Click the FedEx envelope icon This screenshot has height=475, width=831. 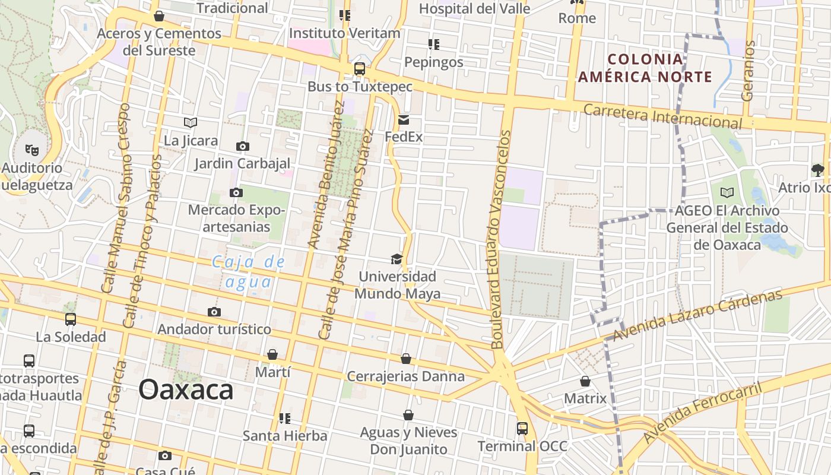coord(404,121)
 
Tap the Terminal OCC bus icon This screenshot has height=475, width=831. coord(522,429)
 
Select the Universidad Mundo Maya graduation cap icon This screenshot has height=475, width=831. coord(397,259)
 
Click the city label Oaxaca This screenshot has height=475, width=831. coord(186,390)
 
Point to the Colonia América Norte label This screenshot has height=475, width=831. coord(645,68)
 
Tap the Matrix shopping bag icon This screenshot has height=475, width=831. coord(585,381)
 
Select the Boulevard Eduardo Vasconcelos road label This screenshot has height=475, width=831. coord(499,239)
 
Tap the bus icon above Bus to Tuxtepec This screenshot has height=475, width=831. coord(360,69)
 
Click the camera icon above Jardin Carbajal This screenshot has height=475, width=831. coord(242,146)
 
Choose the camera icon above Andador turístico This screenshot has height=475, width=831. coord(214,312)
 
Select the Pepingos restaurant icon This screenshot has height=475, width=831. coord(434,45)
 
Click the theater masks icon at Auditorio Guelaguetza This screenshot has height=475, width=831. coord(32,150)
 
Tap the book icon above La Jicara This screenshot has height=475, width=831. coord(191,123)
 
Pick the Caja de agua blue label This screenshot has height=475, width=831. coord(249,271)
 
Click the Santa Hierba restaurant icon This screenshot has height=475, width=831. coord(285,419)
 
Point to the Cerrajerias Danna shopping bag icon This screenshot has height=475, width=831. coord(406,359)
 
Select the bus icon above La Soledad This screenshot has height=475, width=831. coord(71,319)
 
